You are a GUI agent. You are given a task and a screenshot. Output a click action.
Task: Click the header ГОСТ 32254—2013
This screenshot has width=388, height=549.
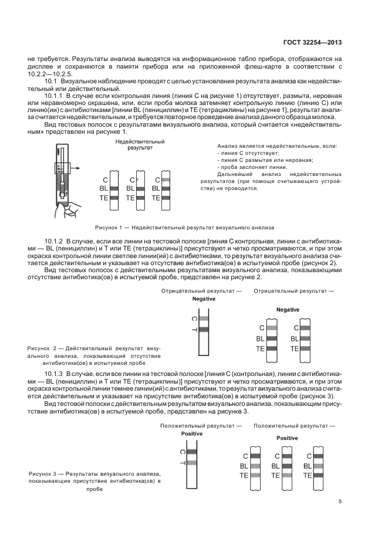click(x=313, y=42)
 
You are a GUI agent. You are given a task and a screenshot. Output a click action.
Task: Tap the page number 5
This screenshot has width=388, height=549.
click(x=340, y=501)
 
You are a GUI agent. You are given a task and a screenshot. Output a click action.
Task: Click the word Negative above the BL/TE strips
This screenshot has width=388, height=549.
click(x=288, y=310)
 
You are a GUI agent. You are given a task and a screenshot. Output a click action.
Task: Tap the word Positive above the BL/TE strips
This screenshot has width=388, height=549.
click(x=287, y=438)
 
